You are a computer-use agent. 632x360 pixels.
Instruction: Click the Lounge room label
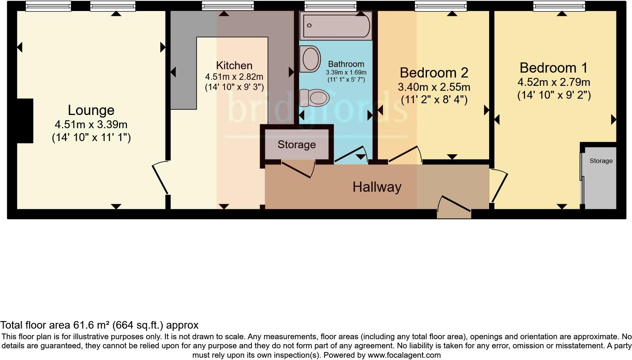91,110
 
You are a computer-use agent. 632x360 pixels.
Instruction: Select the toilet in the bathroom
314,98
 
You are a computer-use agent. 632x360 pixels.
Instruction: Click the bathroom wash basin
311,59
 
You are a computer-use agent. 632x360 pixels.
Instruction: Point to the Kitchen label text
234,65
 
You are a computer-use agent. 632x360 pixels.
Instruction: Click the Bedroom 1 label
553,68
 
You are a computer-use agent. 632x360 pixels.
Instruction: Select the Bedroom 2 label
434,73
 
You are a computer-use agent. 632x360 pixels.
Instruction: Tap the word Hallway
377,187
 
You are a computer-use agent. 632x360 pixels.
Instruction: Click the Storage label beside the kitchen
296,145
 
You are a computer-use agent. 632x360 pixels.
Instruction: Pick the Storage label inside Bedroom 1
601,161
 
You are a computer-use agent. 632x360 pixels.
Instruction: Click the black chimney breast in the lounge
25,121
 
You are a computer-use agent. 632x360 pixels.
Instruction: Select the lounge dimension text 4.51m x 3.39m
91,124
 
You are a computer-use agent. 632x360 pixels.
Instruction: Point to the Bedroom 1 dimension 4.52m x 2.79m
554,82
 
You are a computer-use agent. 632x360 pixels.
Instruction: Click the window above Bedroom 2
440,6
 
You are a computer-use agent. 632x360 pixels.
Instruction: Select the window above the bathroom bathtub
330,6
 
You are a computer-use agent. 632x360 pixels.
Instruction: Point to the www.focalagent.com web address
404,355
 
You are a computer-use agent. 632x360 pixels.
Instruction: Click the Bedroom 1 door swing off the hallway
499,185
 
